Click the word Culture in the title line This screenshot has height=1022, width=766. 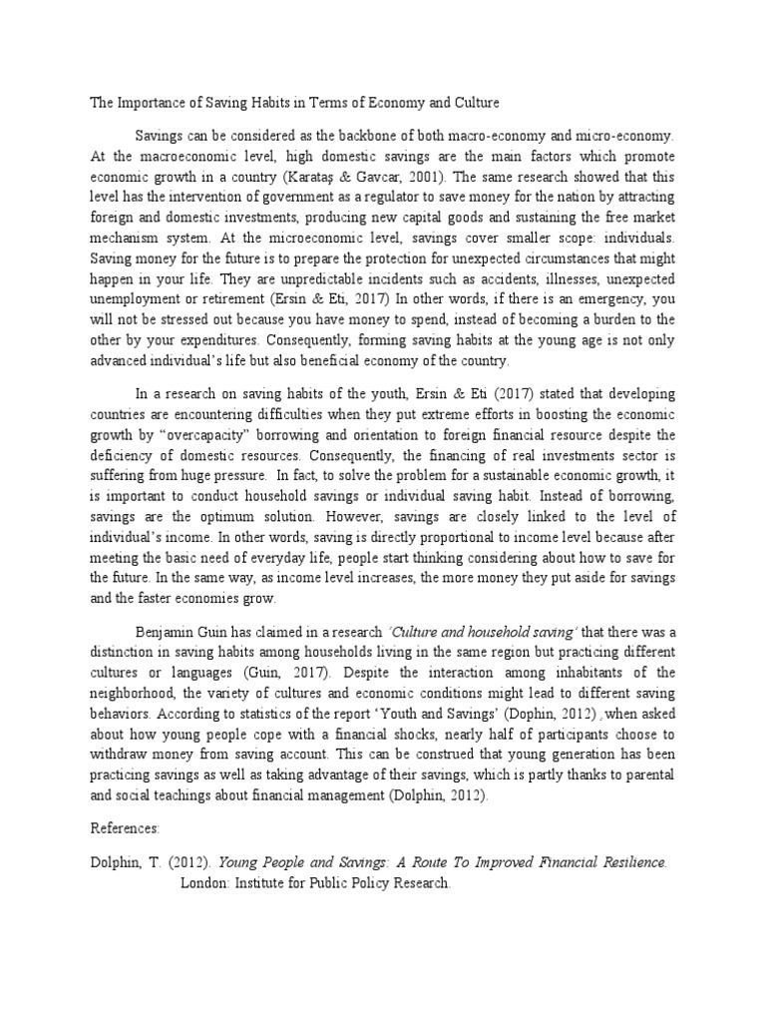click(473, 103)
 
